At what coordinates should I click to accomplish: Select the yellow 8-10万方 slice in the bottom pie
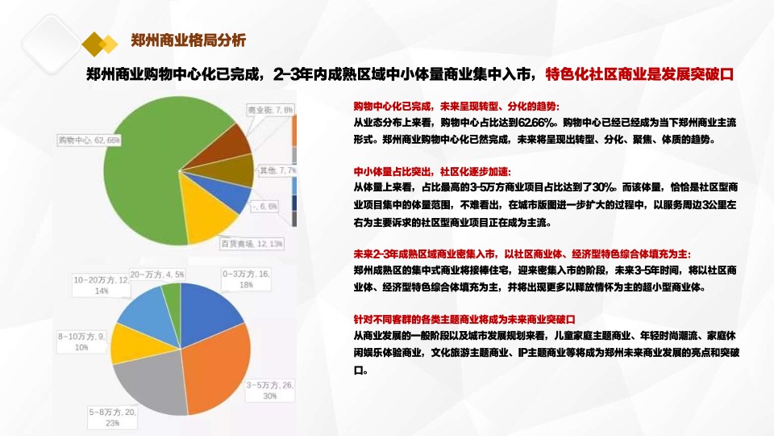129,343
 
